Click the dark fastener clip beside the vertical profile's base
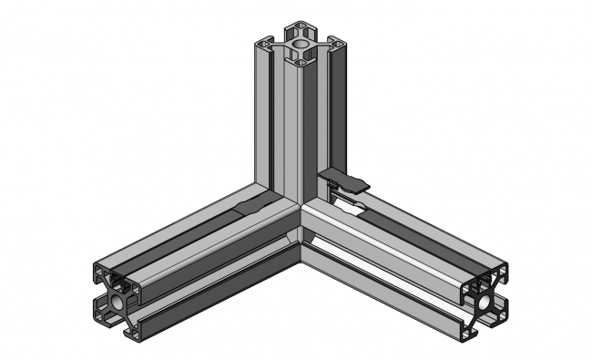[344, 180]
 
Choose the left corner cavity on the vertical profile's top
[265, 42]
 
